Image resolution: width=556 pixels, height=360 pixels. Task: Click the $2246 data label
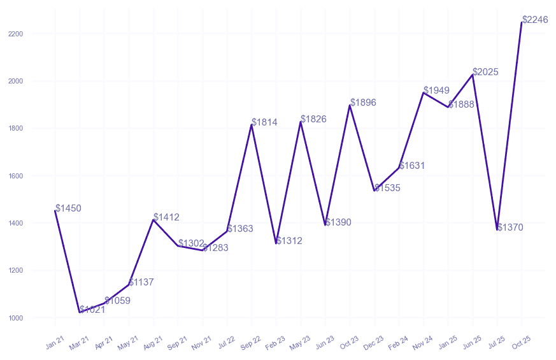click(x=535, y=20)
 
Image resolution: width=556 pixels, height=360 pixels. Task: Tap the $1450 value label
click(x=68, y=208)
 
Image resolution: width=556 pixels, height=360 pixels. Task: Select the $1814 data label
click(x=264, y=122)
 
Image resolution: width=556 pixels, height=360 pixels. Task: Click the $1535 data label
click(x=387, y=188)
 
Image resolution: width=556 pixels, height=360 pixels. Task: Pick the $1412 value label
click(x=166, y=217)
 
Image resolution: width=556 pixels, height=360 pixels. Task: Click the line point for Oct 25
click(x=522, y=22)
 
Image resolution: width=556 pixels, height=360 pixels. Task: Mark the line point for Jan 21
click(x=55, y=211)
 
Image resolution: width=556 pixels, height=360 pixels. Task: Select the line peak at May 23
click(x=301, y=122)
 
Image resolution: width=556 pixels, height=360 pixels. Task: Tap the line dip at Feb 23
click(x=276, y=243)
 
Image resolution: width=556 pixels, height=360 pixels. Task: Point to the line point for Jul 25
click(x=497, y=229)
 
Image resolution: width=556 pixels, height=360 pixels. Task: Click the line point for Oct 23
click(x=350, y=105)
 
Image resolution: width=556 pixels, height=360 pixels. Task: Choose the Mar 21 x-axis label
click(x=80, y=344)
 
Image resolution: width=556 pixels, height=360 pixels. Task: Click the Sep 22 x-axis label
click(x=252, y=344)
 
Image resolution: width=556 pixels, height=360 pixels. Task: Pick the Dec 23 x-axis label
click(x=374, y=344)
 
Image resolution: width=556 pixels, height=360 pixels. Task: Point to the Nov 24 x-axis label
click(x=423, y=344)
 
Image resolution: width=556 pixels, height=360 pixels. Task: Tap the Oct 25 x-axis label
click(x=522, y=344)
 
